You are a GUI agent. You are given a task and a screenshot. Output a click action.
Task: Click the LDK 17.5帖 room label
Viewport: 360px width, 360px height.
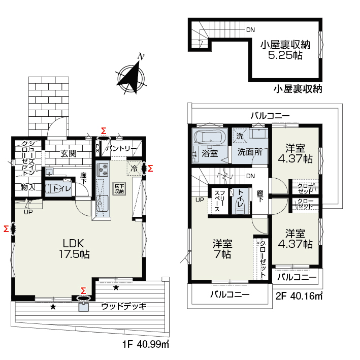(x=75, y=249)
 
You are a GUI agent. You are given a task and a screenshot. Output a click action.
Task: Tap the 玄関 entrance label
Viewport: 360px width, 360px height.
(x=69, y=153)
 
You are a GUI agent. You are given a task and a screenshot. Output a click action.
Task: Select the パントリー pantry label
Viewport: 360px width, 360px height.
(x=121, y=149)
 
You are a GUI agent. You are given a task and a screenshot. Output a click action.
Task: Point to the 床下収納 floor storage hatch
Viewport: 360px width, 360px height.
(x=119, y=188)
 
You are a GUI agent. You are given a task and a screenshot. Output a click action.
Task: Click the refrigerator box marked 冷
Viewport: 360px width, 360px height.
(x=134, y=169)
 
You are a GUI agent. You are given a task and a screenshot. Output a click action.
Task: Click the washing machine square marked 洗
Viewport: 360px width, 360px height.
(x=240, y=136)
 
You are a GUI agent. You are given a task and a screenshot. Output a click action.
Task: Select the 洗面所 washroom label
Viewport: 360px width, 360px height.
(x=250, y=152)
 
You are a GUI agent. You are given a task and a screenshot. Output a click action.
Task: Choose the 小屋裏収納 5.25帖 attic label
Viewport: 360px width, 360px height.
(x=285, y=50)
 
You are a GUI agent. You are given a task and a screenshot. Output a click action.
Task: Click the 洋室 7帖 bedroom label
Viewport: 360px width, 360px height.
(x=222, y=249)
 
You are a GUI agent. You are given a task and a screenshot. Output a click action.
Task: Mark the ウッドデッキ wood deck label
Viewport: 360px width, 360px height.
(x=124, y=306)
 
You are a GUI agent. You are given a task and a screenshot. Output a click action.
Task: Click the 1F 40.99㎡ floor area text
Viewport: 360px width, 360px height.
(x=146, y=344)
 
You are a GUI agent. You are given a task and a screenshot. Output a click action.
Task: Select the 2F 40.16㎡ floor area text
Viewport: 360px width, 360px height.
(x=299, y=296)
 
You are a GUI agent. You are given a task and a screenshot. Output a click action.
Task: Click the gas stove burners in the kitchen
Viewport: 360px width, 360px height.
(x=103, y=170)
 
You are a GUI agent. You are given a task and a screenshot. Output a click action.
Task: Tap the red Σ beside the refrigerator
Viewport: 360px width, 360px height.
(x=150, y=169)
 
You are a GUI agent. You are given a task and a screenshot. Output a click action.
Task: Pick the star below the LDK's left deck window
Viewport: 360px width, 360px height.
(x=53, y=307)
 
